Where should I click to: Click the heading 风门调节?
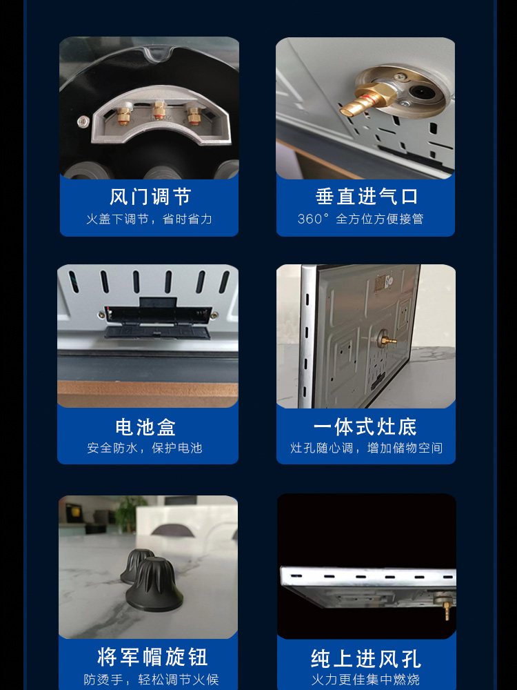point(150,197)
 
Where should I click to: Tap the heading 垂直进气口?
point(366,196)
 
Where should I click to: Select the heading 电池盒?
point(145,427)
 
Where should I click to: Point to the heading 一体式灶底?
point(365,426)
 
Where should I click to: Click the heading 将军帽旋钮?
point(152,657)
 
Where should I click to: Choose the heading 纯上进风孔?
point(366,659)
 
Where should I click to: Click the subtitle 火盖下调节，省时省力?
point(149,219)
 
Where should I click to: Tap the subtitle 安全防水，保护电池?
point(145,448)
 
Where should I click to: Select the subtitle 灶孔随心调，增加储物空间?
point(366,448)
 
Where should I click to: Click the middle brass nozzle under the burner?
point(159,113)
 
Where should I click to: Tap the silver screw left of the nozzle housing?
point(82,121)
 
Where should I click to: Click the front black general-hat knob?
point(154,584)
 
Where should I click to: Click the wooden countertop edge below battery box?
point(148,393)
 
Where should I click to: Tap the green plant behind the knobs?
point(130,514)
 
